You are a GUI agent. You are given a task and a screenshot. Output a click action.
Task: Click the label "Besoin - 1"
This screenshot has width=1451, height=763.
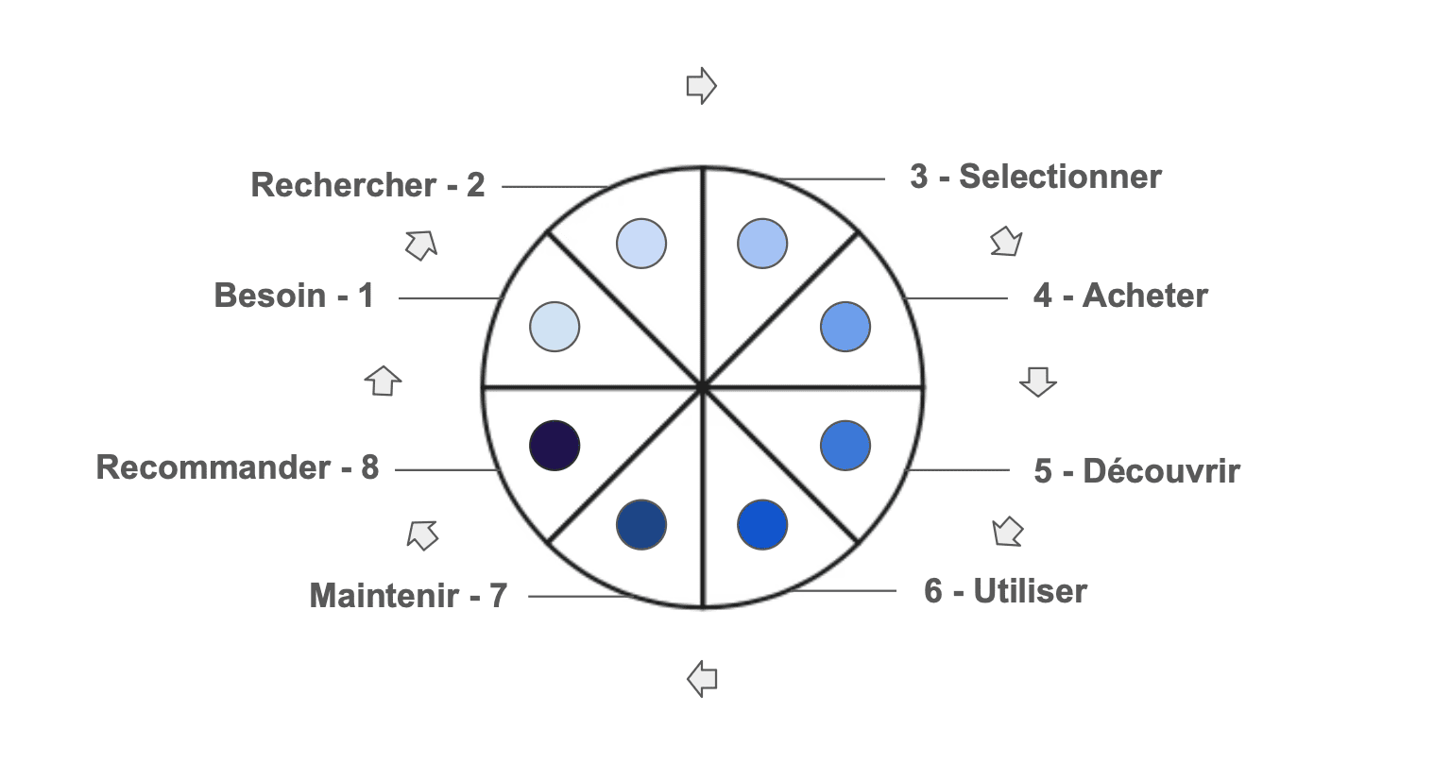click(294, 296)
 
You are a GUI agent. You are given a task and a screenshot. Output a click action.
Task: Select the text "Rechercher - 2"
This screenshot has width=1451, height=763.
click(367, 185)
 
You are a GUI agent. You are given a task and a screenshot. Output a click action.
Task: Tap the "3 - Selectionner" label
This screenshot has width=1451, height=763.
click(1035, 177)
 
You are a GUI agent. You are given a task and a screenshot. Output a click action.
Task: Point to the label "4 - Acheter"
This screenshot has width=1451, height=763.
click(1120, 296)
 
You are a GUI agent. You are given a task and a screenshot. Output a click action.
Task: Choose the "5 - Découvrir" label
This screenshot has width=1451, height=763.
click(1136, 470)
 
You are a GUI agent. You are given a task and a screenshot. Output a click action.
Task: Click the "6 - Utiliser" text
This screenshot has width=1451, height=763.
click(1005, 591)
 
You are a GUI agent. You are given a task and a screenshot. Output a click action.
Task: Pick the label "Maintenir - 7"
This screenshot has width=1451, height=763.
click(408, 596)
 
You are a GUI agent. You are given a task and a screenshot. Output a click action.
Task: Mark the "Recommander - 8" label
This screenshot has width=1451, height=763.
click(237, 467)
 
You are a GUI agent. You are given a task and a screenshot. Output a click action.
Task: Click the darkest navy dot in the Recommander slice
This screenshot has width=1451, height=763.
click(555, 445)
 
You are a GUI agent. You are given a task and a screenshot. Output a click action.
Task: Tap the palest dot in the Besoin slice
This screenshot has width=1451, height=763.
click(555, 327)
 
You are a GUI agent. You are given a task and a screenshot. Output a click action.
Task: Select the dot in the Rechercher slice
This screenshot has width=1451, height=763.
click(641, 244)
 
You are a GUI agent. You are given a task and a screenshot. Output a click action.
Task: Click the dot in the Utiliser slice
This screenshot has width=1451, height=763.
click(761, 524)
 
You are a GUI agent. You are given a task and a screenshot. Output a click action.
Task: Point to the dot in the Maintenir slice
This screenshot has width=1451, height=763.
click(641, 524)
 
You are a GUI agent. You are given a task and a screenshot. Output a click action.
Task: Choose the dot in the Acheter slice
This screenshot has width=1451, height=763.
click(845, 327)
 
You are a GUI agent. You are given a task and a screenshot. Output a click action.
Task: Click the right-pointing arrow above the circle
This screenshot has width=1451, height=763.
click(701, 86)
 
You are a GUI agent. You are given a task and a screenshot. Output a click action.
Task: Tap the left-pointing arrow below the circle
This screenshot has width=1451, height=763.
click(702, 678)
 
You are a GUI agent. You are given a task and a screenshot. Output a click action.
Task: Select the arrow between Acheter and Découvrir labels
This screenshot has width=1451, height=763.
click(1037, 381)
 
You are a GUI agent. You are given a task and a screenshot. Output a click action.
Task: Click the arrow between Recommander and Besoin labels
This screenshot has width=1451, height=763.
click(383, 381)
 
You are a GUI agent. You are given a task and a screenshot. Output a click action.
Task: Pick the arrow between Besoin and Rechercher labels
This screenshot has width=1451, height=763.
click(421, 245)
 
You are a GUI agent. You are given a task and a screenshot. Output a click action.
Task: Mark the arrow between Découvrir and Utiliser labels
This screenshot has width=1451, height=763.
click(1008, 532)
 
